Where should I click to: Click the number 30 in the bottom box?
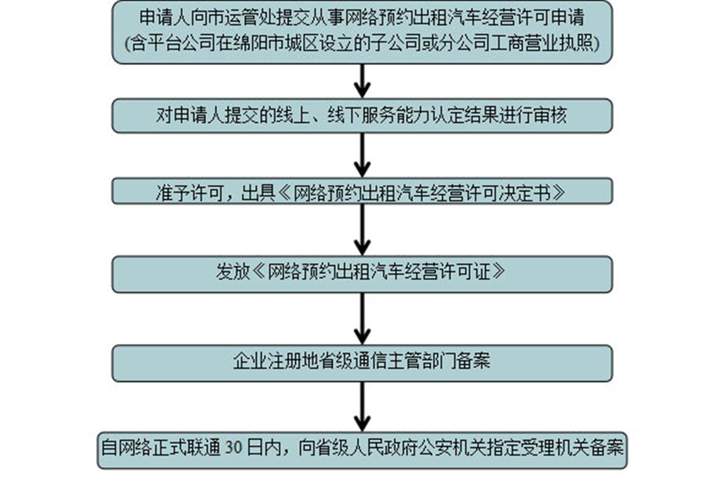click(x=234, y=448)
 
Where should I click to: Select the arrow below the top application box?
click(x=362, y=81)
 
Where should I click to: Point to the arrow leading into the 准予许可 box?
click(x=362, y=155)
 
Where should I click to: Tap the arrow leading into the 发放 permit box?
click(x=362, y=230)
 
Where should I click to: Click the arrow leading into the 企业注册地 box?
click(x=362, y=318)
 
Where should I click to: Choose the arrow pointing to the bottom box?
click(x=362, y=407)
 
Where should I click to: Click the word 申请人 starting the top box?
click(x=165, y=18)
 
